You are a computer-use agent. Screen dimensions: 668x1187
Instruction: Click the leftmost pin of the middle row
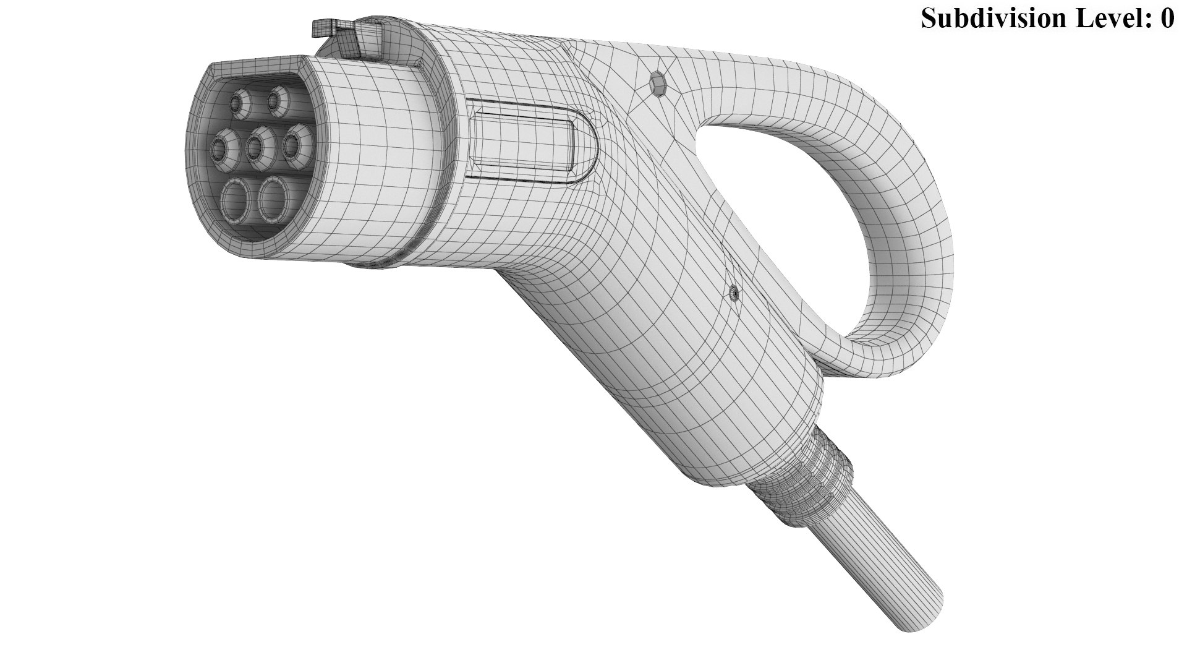(x=221, y=147)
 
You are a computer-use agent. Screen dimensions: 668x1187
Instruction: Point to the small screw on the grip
(x=734, y=292)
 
